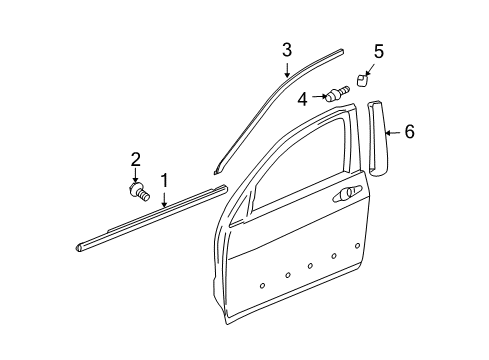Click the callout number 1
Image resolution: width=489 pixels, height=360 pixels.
coord(165,180)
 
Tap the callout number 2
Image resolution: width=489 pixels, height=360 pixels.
coord(136,158)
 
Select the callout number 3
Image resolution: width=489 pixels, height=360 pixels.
coord(287,49)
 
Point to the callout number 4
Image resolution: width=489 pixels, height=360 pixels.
coord(302,98)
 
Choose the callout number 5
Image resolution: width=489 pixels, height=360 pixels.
coord(379,51)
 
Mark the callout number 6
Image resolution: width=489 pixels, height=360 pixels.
coord(409,131)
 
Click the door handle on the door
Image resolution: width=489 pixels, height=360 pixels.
coord(347,193)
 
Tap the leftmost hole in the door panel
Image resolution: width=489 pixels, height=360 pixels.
coord(263,286)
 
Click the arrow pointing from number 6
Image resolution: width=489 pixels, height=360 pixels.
coord(394,131)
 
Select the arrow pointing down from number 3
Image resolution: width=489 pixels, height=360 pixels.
coord(287,69)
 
